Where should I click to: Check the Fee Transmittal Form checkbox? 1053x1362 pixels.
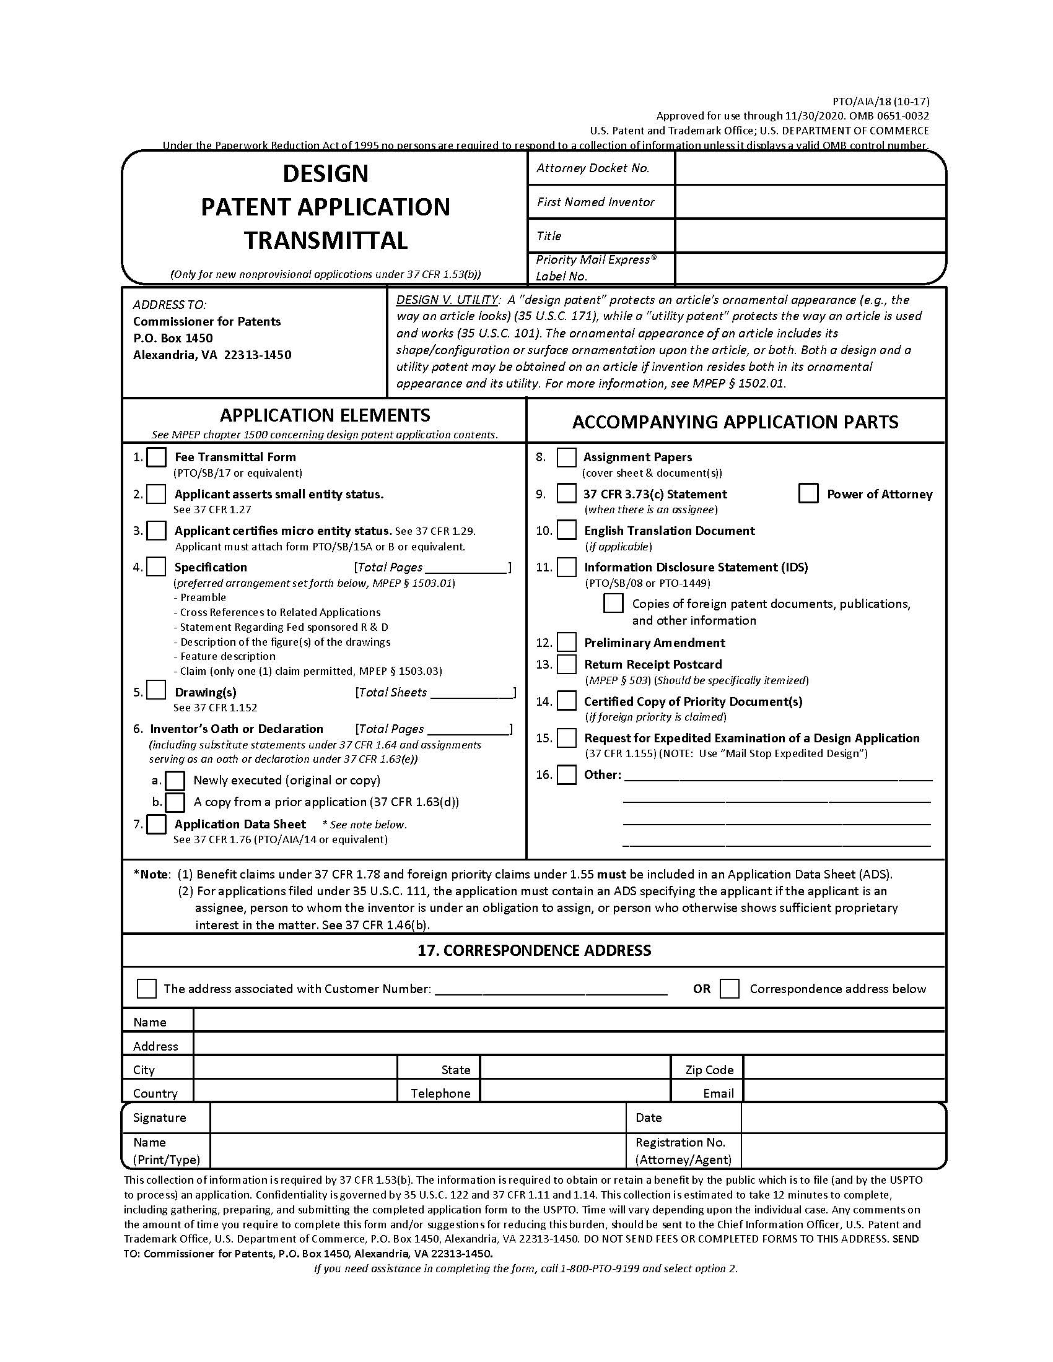click(156, 457)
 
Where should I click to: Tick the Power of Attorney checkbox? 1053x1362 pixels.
click(808, 493)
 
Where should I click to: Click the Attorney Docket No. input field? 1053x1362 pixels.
click(810, 168)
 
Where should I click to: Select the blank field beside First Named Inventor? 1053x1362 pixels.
click(810, 202)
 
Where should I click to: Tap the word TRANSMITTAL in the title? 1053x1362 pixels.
click(325, 240)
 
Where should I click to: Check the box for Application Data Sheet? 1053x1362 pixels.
click(156, 824)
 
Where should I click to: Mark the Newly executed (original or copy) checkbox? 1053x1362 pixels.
click(175, 780)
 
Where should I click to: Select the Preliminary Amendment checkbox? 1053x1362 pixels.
click(566, 643)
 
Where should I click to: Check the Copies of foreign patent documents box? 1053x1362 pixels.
click(613, 603)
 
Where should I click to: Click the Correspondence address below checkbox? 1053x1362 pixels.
click(729, 989)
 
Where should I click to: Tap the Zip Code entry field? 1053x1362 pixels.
click(844, 1070)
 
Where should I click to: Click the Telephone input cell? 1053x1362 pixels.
click(575, 1093)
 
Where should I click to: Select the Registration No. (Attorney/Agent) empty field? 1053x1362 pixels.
click(842, 1151)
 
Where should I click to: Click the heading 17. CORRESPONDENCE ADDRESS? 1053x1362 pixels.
click(534, 950)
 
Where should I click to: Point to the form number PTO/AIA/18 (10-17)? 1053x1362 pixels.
click(880, 101)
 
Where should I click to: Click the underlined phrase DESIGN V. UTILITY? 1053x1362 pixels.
click(447, 300)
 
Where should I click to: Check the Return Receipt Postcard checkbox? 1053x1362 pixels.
click(566, 664)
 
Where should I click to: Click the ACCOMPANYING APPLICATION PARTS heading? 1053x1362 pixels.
click(735, 422)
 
